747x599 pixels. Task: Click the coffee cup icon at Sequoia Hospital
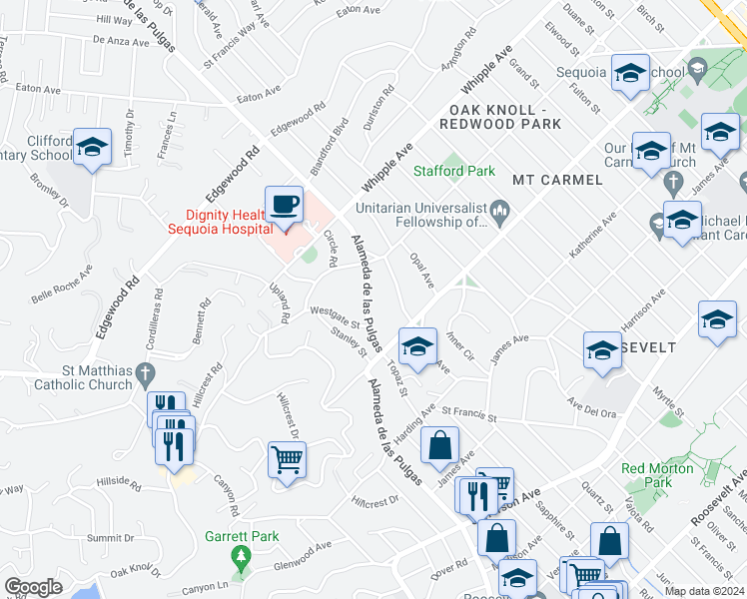(285, 205)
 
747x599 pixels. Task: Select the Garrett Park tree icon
(238, 555)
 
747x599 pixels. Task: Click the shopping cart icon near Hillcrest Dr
(287, 460)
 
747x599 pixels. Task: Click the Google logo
(33, 587)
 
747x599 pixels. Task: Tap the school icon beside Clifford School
(92, 150)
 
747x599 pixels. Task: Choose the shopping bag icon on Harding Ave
(439, 446)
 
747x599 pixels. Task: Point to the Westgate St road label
(335, 320)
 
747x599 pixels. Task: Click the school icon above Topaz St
(416, 346)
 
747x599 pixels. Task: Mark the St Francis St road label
(468, 410)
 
